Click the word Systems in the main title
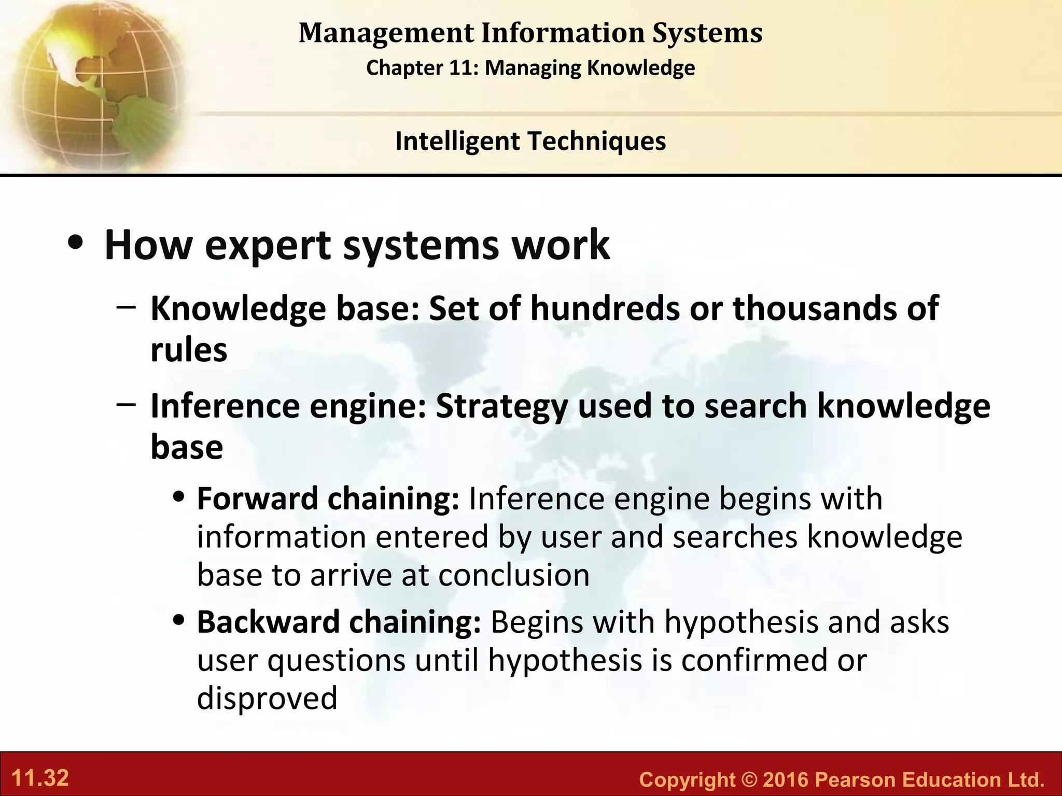click(x=707, y=33)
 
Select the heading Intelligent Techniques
click(x=530, y=141)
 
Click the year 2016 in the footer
click(x=786, y=779)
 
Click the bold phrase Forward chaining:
click(x=328, y=499)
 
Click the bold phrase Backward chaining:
click(x=339, y=622)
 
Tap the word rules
click(x=189, y=350)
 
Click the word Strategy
click(x=501, y=406)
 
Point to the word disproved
click(x=267, y=698)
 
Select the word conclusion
click(x=514, y=575)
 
